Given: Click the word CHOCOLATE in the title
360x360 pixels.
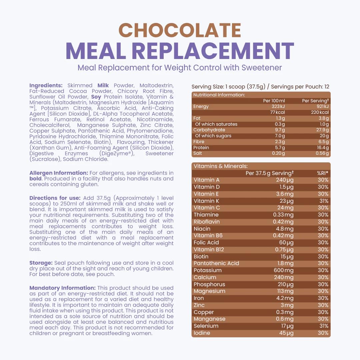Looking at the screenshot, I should click(180, 30).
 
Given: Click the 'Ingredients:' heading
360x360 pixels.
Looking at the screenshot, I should click(46, 85).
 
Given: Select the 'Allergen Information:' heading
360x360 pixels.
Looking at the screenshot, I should click(59, 173).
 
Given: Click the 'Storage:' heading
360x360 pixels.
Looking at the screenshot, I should click(41, 263).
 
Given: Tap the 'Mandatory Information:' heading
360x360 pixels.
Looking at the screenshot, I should click(62, 288).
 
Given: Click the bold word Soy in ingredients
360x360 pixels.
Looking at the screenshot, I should click(96, 97).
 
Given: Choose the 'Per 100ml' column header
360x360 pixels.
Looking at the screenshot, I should click(274, 101).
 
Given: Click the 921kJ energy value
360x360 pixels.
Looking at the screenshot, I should click(322, 107).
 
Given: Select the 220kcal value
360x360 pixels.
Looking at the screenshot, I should click(320, 112).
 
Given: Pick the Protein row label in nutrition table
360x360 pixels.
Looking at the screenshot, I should click(201, 148).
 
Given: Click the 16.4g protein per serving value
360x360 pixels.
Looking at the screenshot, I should click(322, 148).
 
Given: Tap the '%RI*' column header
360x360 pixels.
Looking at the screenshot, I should click(322, 173).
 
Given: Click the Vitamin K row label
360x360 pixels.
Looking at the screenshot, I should click(206, 201).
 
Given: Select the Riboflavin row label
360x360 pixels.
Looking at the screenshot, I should click(207, 222).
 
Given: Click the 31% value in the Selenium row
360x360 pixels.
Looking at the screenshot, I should click(323, 326).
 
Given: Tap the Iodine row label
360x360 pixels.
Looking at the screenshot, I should click(202, 333).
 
